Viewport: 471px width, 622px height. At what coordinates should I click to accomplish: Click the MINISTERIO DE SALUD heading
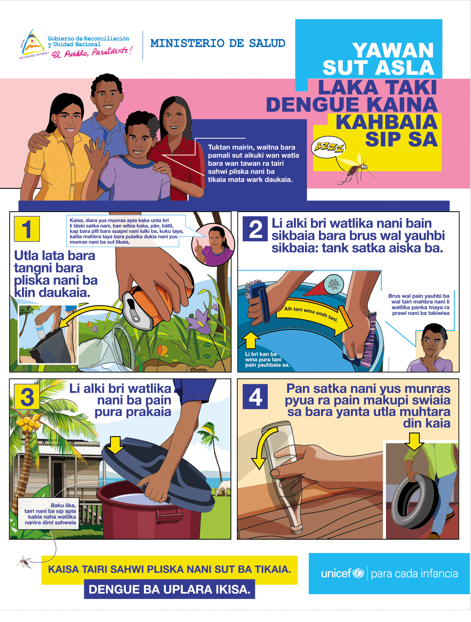point(217,43)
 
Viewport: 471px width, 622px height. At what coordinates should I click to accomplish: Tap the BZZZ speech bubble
point(329,147)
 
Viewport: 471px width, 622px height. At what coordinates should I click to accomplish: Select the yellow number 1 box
point(27,229)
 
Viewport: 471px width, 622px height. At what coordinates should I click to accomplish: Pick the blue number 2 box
point(255,229)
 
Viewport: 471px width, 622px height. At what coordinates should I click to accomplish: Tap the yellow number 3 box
point(27,397)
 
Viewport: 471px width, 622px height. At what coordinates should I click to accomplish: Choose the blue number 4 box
point(255,397)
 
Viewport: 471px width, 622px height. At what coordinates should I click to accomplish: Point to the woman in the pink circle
point(213,246)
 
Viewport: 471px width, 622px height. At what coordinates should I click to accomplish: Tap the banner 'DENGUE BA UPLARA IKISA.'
point(169,589)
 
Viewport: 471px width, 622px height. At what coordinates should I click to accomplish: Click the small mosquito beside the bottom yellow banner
point(25,562)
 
